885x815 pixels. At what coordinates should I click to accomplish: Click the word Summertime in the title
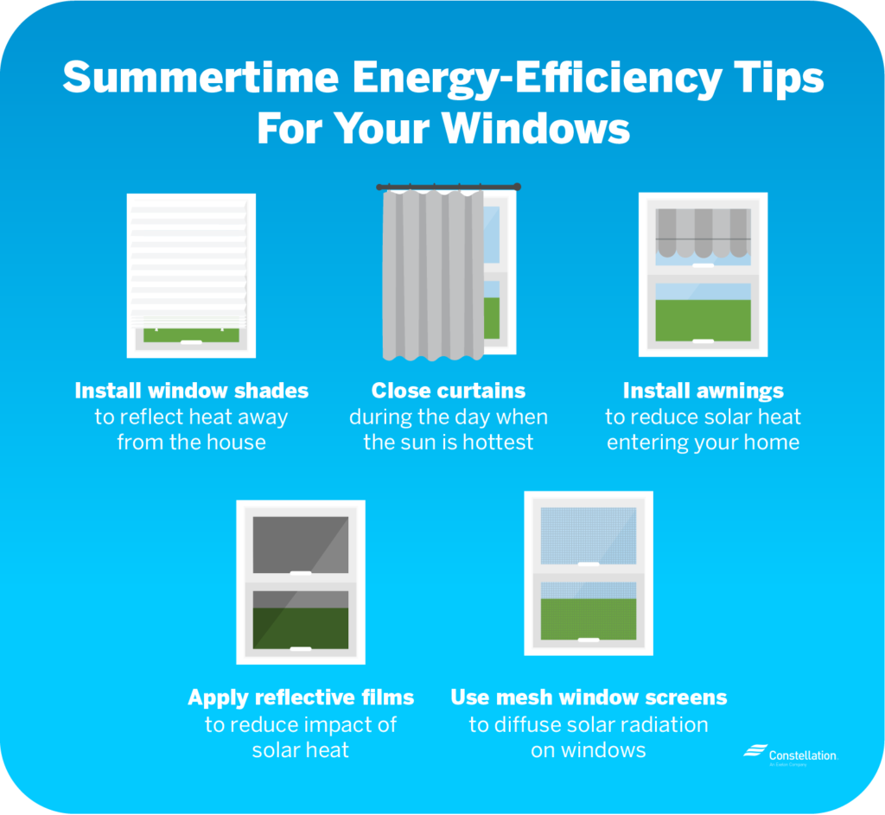point(201,77)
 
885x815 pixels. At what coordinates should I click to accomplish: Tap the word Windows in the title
point(535,128)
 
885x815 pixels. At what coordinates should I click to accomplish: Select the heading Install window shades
point(191,391)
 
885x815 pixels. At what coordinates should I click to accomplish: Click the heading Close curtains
point(449,391)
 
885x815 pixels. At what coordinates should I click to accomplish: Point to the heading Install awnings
point(703,391)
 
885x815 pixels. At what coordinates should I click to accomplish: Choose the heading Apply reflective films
point(301,697)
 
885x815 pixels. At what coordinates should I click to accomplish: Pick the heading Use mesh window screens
point(589,697)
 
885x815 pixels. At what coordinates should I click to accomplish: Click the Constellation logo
point(790,755)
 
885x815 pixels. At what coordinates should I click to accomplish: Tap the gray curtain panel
point(433,276)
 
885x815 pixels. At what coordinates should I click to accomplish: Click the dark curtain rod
point(449,187)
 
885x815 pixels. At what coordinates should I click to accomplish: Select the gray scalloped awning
point(704,232)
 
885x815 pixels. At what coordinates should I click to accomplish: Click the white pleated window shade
point(189,263)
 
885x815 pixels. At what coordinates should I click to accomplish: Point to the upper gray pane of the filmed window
point(300,544)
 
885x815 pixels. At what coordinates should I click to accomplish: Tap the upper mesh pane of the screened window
point(588,536)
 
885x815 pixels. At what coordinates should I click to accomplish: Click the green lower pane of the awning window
point(704,320)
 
